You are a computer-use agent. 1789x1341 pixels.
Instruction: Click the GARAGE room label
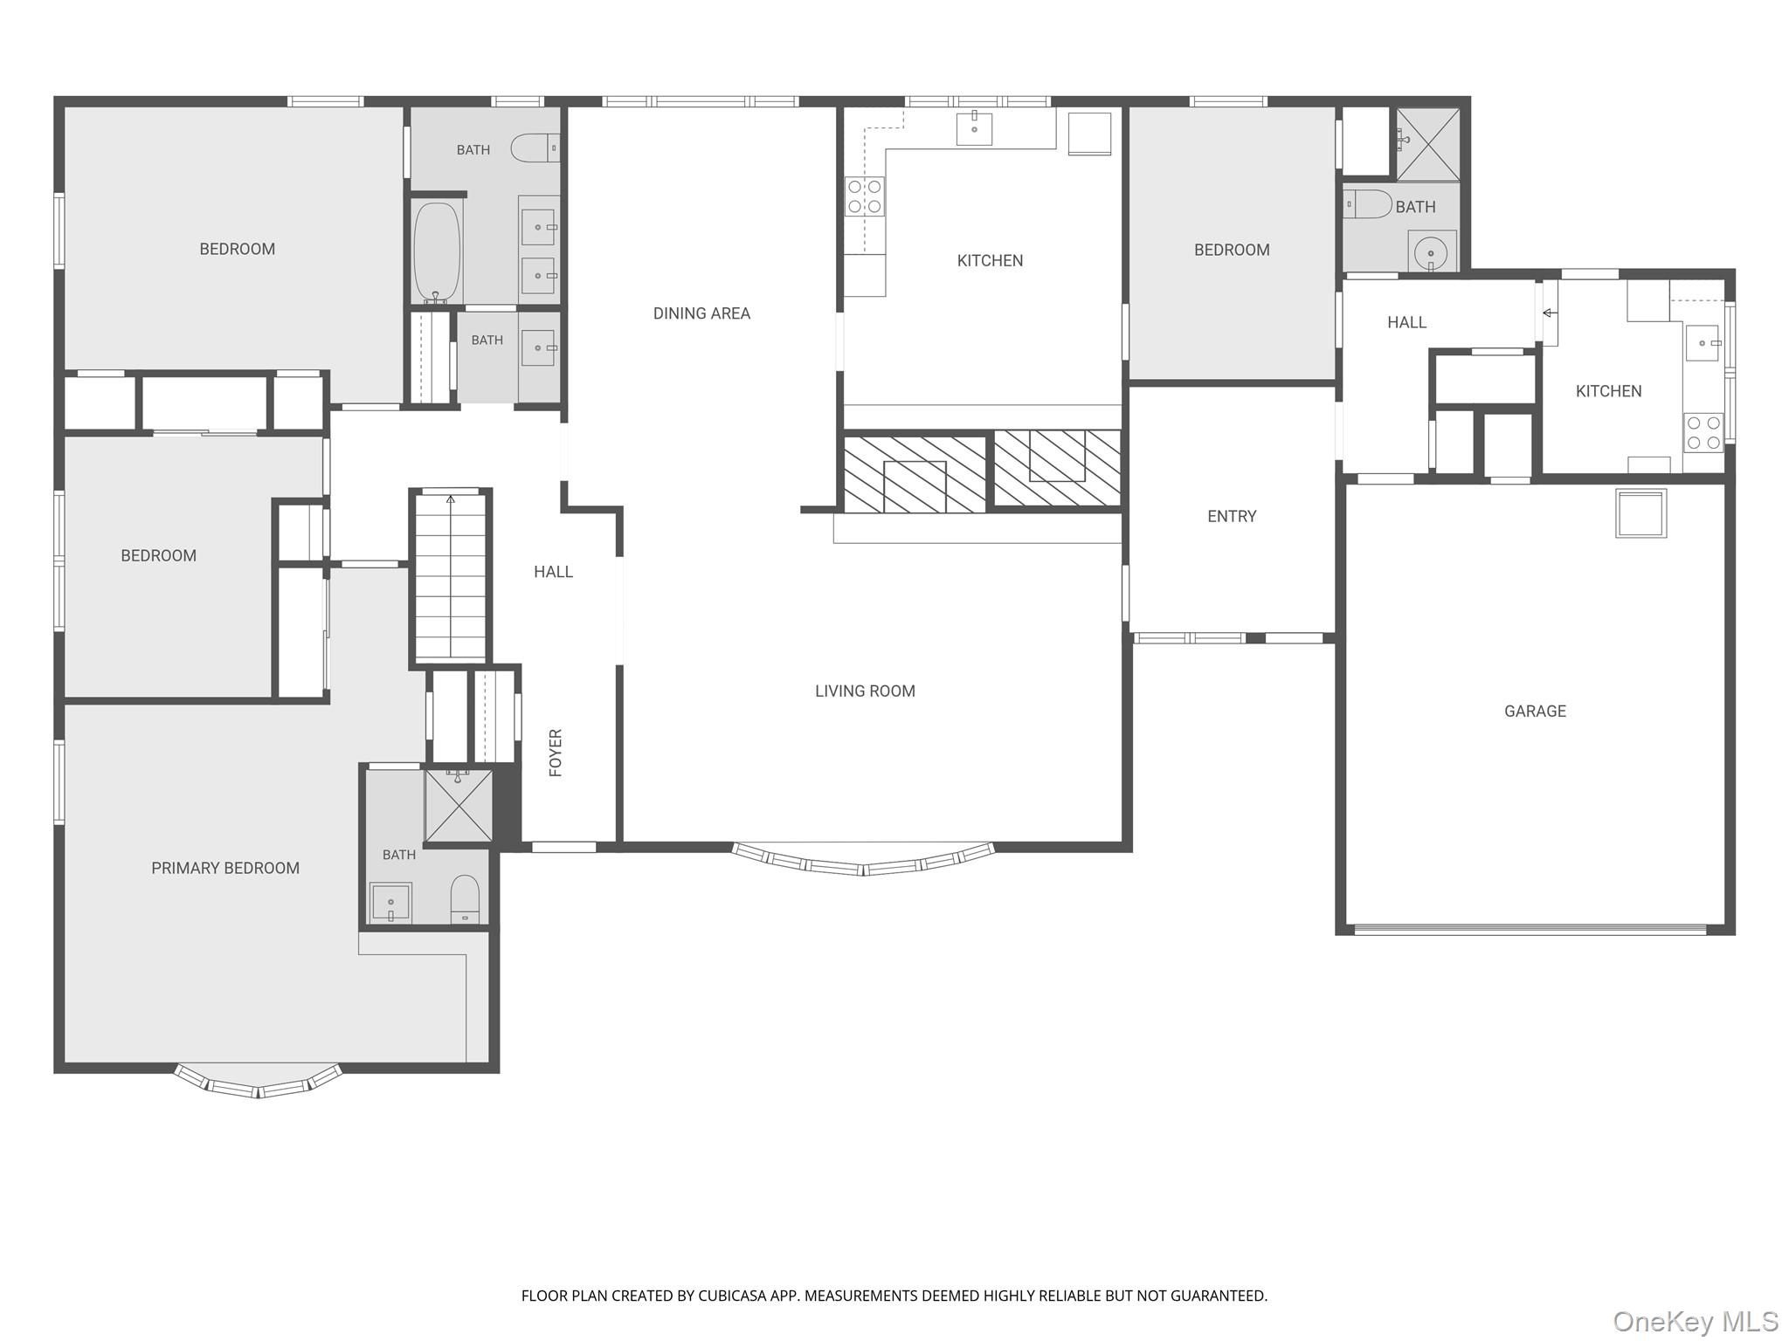pyautogui.click(x=1535, y=712)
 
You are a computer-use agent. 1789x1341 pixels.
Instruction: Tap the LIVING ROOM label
pyautogui.click(x=865, y=691)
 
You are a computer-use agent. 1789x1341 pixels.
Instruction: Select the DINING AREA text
pyautogui.click(x=701, y=313)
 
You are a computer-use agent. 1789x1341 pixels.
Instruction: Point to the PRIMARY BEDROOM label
pyautogui.click(x=225, y=868)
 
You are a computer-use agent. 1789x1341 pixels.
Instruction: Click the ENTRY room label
pyautogui.click(x=1232, y=516)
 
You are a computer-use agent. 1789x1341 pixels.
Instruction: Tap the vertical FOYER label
pyautogui.click(x=556, y=753)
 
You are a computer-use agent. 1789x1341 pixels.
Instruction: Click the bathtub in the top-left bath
pyautogui.click(x=437, y=251)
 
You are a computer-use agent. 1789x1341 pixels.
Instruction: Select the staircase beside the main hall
pyautogui.click(x=450, y=576)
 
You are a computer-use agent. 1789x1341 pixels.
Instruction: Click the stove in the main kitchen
pyautogui.click(x=864, y=196)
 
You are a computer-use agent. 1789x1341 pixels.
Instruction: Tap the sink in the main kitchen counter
pyautogui.click(x=974, y=128)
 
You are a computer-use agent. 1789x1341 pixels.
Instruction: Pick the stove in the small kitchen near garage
pyautogui.click(x=1703, y=432)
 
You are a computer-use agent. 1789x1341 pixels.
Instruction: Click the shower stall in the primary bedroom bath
pyautogui.click(x=459, y=806)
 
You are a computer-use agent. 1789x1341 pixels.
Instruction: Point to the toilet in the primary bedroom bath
pyautogui.click(x=465, y=899)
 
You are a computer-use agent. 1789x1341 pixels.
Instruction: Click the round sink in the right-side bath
pyautogui.click(x=1432, y=252)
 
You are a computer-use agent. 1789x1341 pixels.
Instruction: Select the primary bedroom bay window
pyautogui.click(x=258, y=1081)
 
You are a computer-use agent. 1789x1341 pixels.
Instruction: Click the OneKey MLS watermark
pyautogui.click(x=1695, y=1321)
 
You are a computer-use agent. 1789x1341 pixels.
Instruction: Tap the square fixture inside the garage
pyautogui.click(x=1640, y=513)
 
